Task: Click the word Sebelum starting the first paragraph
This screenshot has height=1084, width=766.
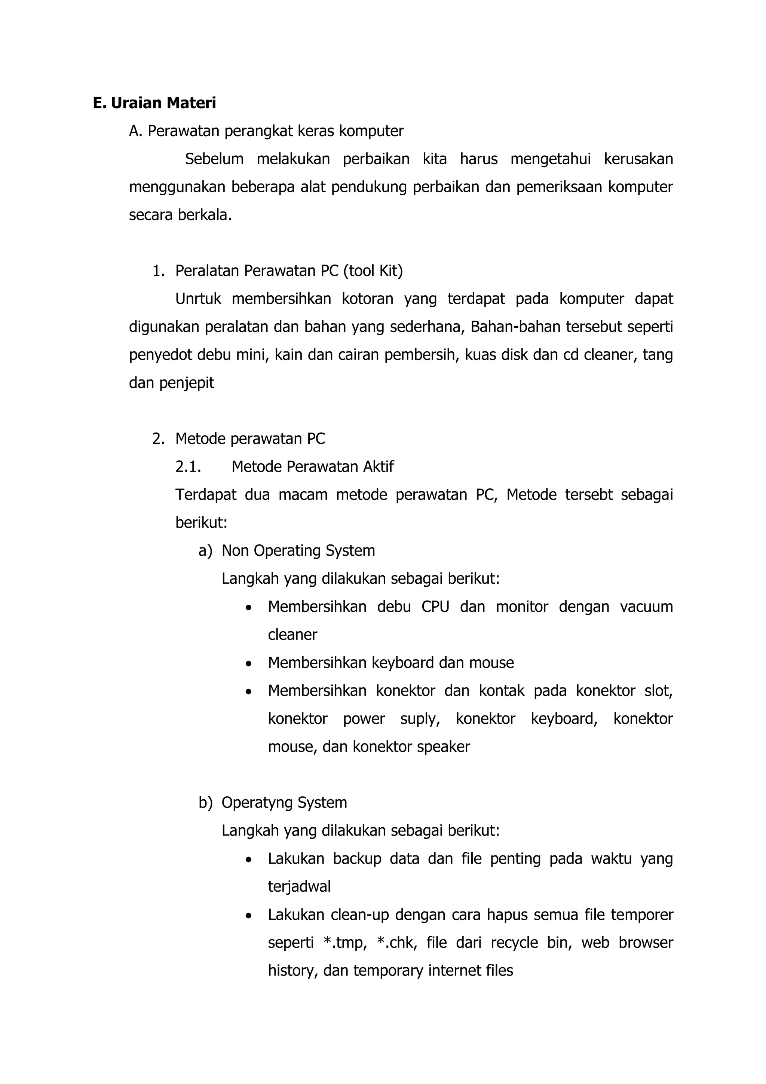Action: point(214,159)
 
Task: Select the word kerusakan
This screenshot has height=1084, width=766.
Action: point(638,159)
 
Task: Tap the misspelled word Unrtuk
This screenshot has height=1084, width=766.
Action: point(198,299)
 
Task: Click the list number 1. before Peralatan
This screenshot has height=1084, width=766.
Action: point(159,271)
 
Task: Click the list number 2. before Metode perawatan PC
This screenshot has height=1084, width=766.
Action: point(159,439)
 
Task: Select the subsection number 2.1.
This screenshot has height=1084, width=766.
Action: point(188,467)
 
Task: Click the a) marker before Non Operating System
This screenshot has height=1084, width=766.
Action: point(205,551)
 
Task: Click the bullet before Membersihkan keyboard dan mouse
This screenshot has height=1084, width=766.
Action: point(249,664)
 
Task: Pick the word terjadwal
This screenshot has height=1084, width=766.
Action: point(299,887)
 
